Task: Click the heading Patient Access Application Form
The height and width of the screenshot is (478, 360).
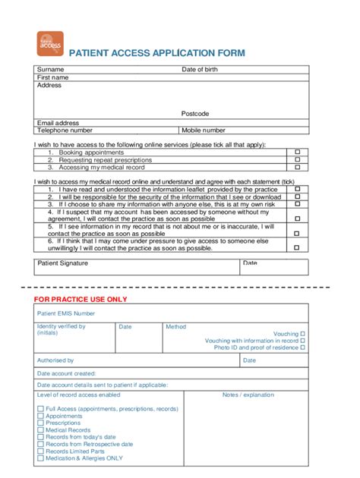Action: pyautogui.click(x=157, y=53)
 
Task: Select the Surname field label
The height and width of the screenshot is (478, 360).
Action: pyautogui.click(x=51, y=70)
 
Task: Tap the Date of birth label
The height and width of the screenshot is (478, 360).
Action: pyautogui.click(x=200, y=70)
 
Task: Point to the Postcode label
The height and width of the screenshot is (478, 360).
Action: pyautogui.click(x=195, y=114)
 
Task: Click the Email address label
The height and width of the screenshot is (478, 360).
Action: pyautogui.click(x=58, y=123)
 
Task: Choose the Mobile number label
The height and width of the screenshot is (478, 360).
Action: pyautogui.click(x=203, y=131)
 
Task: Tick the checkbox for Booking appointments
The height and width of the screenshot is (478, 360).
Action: pyautogui.click(x=298, y=153)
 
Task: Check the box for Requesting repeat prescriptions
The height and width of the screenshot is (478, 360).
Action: pyautogui.click(x=298, y=160)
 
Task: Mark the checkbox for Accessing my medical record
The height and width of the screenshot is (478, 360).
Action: pyautogui.click(x=298, y=168)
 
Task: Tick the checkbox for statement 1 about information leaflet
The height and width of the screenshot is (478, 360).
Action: pyautogui.click(x=298, y=190)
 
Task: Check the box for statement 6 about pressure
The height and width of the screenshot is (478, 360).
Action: pyautogui.click(x=298, y=246)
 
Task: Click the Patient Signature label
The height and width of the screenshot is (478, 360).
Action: pyautogui.click(x=63, y=263)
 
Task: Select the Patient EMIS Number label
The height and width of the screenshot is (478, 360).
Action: pyautogui.click(x=67, y=313)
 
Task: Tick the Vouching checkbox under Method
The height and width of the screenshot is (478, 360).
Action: pyautogui.click(x=303, y=334)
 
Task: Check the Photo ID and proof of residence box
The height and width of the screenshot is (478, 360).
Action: pyautogui.click(x=303, y=348)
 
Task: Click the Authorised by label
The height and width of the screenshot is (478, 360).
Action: pyautogui.click(x=55, y=361)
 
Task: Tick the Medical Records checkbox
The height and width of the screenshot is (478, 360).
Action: pyautogui.click(x=40, y=430)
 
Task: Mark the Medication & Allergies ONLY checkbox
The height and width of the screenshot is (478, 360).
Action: pyautogui.click(x=40, y=458)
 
